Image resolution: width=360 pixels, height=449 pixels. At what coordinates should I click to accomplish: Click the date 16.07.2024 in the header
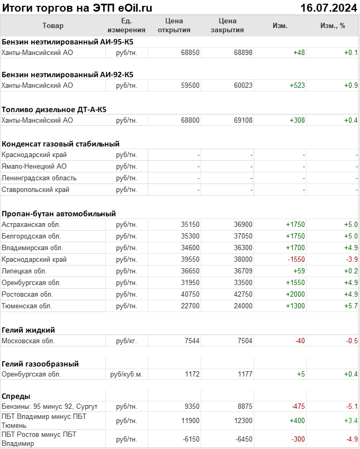point(329,8)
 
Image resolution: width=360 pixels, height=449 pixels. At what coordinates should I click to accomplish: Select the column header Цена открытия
point(174,25)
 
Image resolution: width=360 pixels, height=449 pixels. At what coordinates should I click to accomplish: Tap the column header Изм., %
point(332,25)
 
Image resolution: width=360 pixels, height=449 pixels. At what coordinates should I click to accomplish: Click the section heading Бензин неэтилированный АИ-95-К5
point(67,41)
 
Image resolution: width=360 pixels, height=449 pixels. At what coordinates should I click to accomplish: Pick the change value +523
point(297,86)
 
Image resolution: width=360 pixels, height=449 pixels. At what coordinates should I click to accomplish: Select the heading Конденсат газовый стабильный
point(60,144)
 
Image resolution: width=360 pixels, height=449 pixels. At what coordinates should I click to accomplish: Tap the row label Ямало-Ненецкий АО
point(34,167)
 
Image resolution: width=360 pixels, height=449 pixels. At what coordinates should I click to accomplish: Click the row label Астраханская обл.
point(31,225)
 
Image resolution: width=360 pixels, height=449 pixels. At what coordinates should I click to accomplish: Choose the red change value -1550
point(296,260)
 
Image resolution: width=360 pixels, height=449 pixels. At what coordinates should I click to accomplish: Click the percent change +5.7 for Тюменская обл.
point(351,306)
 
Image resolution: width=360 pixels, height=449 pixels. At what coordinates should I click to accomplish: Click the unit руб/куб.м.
point(127,374)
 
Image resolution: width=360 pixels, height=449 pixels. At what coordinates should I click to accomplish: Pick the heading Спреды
point(16,396)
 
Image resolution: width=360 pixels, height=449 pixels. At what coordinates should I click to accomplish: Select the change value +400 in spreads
point(297,421)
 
